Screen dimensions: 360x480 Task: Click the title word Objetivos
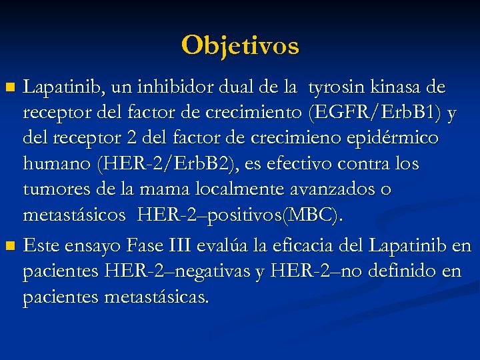tap(240, 45)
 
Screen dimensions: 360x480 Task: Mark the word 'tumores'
tap(56, 189)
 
